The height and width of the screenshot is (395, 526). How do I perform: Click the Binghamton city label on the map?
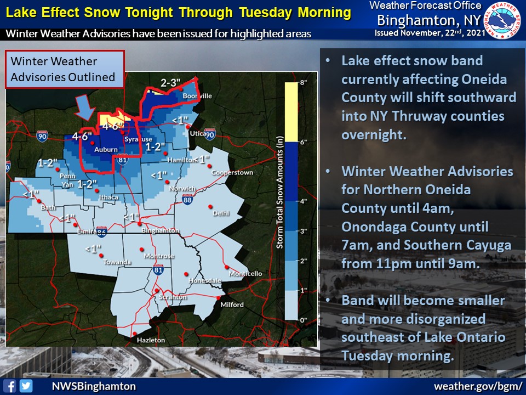pos(160,230)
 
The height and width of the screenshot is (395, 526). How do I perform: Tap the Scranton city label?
pos(173,297)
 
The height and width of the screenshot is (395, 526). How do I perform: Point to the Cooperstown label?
pos(232,172)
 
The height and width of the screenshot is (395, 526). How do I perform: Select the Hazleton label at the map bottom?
pos(151,340)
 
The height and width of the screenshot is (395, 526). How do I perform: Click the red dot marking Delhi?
pos(210,207)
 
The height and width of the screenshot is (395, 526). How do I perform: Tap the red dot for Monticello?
pos(227,267)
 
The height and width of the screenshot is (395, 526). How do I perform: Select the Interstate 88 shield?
pos(187,200)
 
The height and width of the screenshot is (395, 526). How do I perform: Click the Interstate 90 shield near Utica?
pos(210,134)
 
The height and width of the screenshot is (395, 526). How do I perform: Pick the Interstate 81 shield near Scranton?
pos(158,269)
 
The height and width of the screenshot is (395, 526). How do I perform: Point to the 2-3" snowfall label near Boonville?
pos(170,83)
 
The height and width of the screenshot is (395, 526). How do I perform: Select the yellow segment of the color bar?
pos(291,112)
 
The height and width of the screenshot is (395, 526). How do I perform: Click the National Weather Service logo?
pos(502,20)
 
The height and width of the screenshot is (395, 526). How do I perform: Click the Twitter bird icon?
pos(26,386)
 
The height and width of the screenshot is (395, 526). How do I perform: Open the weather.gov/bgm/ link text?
pos(478,386)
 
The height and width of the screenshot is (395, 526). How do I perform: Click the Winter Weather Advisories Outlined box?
pos(65,69)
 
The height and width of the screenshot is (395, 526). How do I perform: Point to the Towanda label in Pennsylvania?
pos(117,262)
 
